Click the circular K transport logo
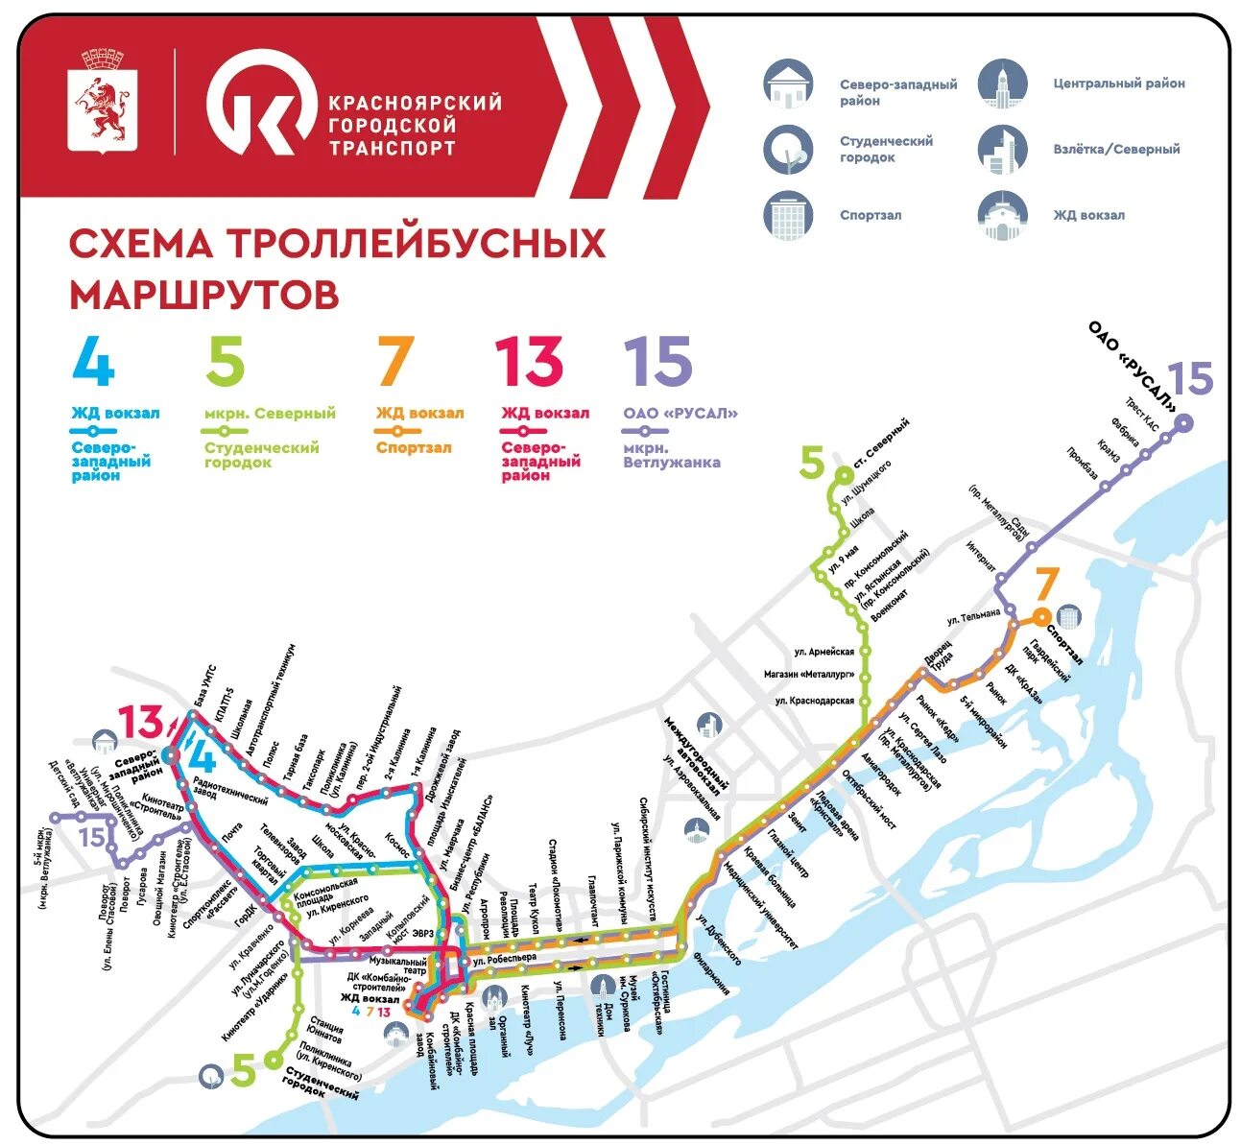tap(262, 103)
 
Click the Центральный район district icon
tap(1002, 83)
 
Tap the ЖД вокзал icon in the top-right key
tap(1002, 215)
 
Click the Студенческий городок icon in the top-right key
tap(788, 150)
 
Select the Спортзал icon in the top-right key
tap(788, 215)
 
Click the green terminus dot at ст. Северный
tap(845, 473)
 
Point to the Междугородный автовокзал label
tap(692, 763)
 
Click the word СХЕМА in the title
tap(140, 244)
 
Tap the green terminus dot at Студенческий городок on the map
tap(273, 1061)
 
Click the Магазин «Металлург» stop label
tap(808, 675)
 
